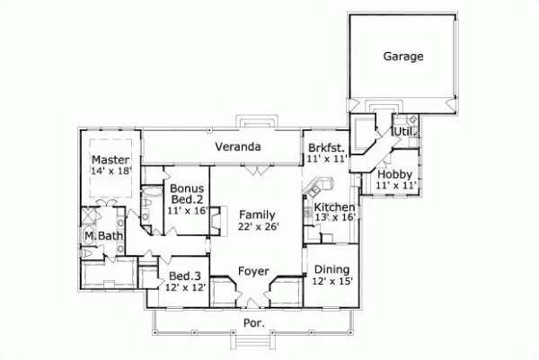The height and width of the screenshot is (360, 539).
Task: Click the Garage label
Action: click(x=403, y=56)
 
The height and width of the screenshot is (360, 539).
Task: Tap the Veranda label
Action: click(x=237, y=146)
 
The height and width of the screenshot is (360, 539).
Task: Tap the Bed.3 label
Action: click(x=186, y=276)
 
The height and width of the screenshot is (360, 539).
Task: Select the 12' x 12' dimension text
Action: click(x=186, y=287)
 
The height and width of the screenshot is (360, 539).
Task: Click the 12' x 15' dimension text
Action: click(x=331, y=281)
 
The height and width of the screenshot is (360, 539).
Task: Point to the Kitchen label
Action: click(x=334, y=206)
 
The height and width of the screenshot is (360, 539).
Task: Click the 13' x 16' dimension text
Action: click(x=334, y=217)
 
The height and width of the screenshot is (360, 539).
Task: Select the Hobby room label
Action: click(x=394, y=174)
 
